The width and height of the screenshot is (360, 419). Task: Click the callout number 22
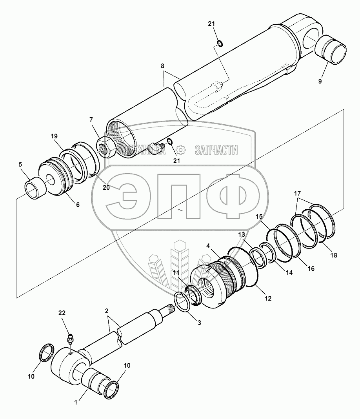(x=62, y=313)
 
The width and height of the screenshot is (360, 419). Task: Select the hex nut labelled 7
(x=105, y=147)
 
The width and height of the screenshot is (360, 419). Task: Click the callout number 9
(x=320, y=81)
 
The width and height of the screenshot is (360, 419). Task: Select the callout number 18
(x=334, y=255)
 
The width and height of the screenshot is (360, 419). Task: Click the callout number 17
(x=297, y=194)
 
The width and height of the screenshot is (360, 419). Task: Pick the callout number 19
(x=54, y=136)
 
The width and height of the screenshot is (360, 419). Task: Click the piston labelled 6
(x=56, y=178)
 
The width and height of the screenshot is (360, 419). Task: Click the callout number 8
(x=162, y=66)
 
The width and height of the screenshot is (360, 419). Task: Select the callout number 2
(x=106, y=311)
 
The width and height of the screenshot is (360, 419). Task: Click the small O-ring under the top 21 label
(x=220, y=43)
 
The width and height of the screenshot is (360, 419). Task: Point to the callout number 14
(x=289, y=272)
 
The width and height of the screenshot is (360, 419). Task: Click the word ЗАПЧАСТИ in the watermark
(x=216, y=150)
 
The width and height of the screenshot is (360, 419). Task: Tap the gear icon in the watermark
(x=181, y=150)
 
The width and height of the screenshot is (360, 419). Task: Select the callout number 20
(x=106, y=188)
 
